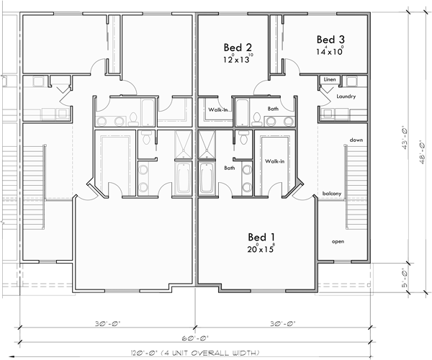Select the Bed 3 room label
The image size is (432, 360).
pyautogui.click(x=330, y=39)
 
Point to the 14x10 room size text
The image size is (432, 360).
pyautogui.click(x=329, y=52)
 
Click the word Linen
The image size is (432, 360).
pyautogui.click(x=330, y=79)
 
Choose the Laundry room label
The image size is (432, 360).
pyautogui.click(x=336, y=95)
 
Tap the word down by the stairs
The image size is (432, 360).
pyautogui.click(x=355, y=140)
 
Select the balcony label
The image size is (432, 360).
pyautogui.click(x=332, y=193)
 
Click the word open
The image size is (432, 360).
pyautogui.click(x=338, y=242)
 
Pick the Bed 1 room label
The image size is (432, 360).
pyautogui.click(x=263, y=237)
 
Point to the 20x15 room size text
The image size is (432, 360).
pyautogui.click(x=262, y=250)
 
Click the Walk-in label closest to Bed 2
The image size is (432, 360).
pyautogui.click(x=219, y=110)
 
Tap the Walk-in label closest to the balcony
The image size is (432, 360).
pyautogui.click(x=275, y=162)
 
